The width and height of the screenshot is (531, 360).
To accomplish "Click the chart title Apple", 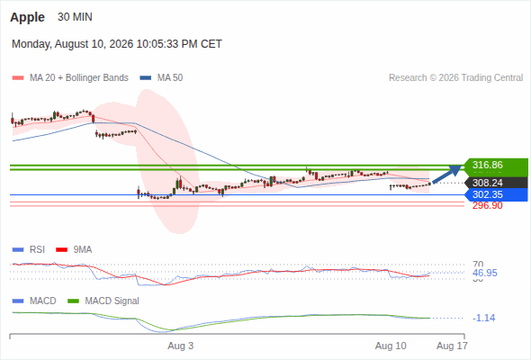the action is pyautogui.click(x=27, y=17).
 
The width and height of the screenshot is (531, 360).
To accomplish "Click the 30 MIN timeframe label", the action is pyautogui.click(x=75, y=17).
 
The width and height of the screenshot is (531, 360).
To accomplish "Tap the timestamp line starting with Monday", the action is pyautogui.click(x=117, y=44).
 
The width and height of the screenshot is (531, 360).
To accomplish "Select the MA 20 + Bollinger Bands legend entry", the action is pyautogui.click(x=70, y=78).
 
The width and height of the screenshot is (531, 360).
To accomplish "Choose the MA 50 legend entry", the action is pyautogui.click(x=161, y=78).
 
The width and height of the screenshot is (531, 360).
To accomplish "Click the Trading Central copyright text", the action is pyautogui.click(x=455, y=78).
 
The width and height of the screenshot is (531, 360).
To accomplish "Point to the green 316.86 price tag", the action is pyautogui.click(x=496, y=166).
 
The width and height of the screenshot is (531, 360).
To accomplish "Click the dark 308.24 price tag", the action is pyautogui.click(x=496, y=183).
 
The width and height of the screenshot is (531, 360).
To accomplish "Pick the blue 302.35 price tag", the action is pyautogui.click(x=496, y=194).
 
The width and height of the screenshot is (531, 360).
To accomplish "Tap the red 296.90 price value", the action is pyautogui.click(x=487, y=205).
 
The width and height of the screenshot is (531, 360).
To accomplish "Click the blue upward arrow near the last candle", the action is pyautogui.click(x=447, y=175).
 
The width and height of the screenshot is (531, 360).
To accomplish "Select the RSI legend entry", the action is pyautogui.click(x=29, y=249).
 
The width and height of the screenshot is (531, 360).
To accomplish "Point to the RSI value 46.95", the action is pyautogui.click(x=485, y=273).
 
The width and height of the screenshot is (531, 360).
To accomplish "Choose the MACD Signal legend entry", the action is pyautogui.click(x=103, y=301).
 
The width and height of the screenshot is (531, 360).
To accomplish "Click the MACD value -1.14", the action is pyautogui.click(x=484, y=318).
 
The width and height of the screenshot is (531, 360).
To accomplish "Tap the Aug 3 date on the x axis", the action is pyautogui.click(x=181, y=346).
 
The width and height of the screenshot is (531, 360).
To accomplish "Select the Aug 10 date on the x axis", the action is pyautogui.click(x=391, y=346).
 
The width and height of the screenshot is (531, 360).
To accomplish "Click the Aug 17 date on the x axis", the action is pyautogui.click(x=452, y=346).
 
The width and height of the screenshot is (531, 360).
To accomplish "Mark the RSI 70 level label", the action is pyautogui.click(x=478, y=264).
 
